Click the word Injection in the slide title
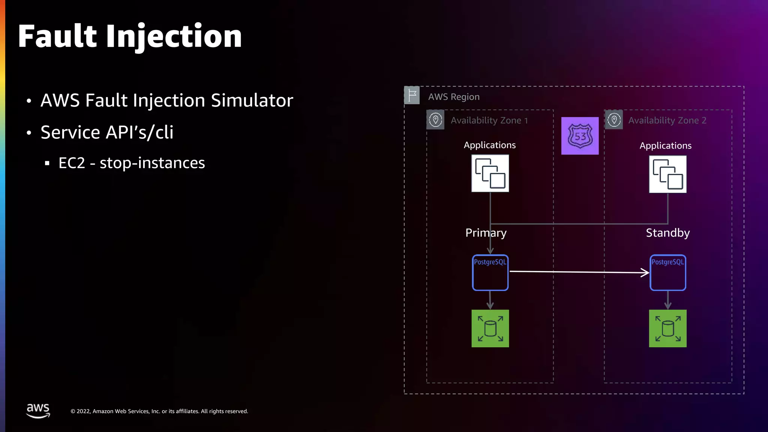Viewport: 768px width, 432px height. click(174, 37)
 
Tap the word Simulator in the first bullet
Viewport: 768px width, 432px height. click(252, 100)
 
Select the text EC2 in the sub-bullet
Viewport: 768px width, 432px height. click(72, 163)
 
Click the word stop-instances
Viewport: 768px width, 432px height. click(152, 163)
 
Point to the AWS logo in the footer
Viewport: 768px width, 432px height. click(38, 411)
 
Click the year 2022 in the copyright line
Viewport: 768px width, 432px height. click(83, 411)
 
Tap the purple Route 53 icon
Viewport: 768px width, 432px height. click(580, 136)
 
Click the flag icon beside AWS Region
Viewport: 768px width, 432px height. click(412, 95)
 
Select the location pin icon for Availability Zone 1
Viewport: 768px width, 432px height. click(435, 120)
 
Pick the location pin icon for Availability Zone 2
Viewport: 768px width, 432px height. click(614, 120)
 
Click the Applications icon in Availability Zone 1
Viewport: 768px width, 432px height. click(490, 173)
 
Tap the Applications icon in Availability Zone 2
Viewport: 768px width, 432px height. click(667, 174)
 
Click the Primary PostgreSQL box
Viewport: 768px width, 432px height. click(490, 273)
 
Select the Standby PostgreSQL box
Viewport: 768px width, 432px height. click(667, 273)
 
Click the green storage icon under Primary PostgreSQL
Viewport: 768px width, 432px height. click(490, 328)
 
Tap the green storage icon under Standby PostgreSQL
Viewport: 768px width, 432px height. click(667, 328)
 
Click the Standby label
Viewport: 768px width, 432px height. click(667, 233)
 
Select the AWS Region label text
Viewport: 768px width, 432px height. click(454, 97)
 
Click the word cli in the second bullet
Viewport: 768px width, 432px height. click(164, 132)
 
